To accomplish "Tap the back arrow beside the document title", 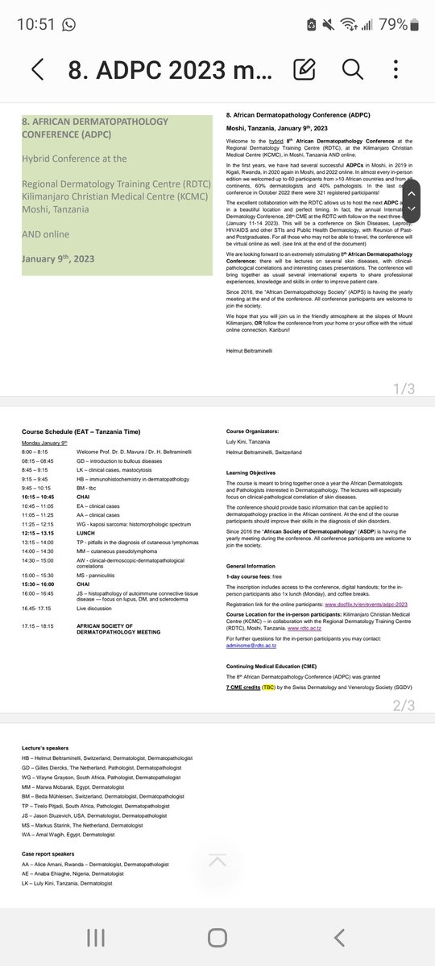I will [37, 69].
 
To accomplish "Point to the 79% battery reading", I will [404, 23].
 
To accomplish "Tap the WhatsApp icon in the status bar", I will [68, 24].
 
